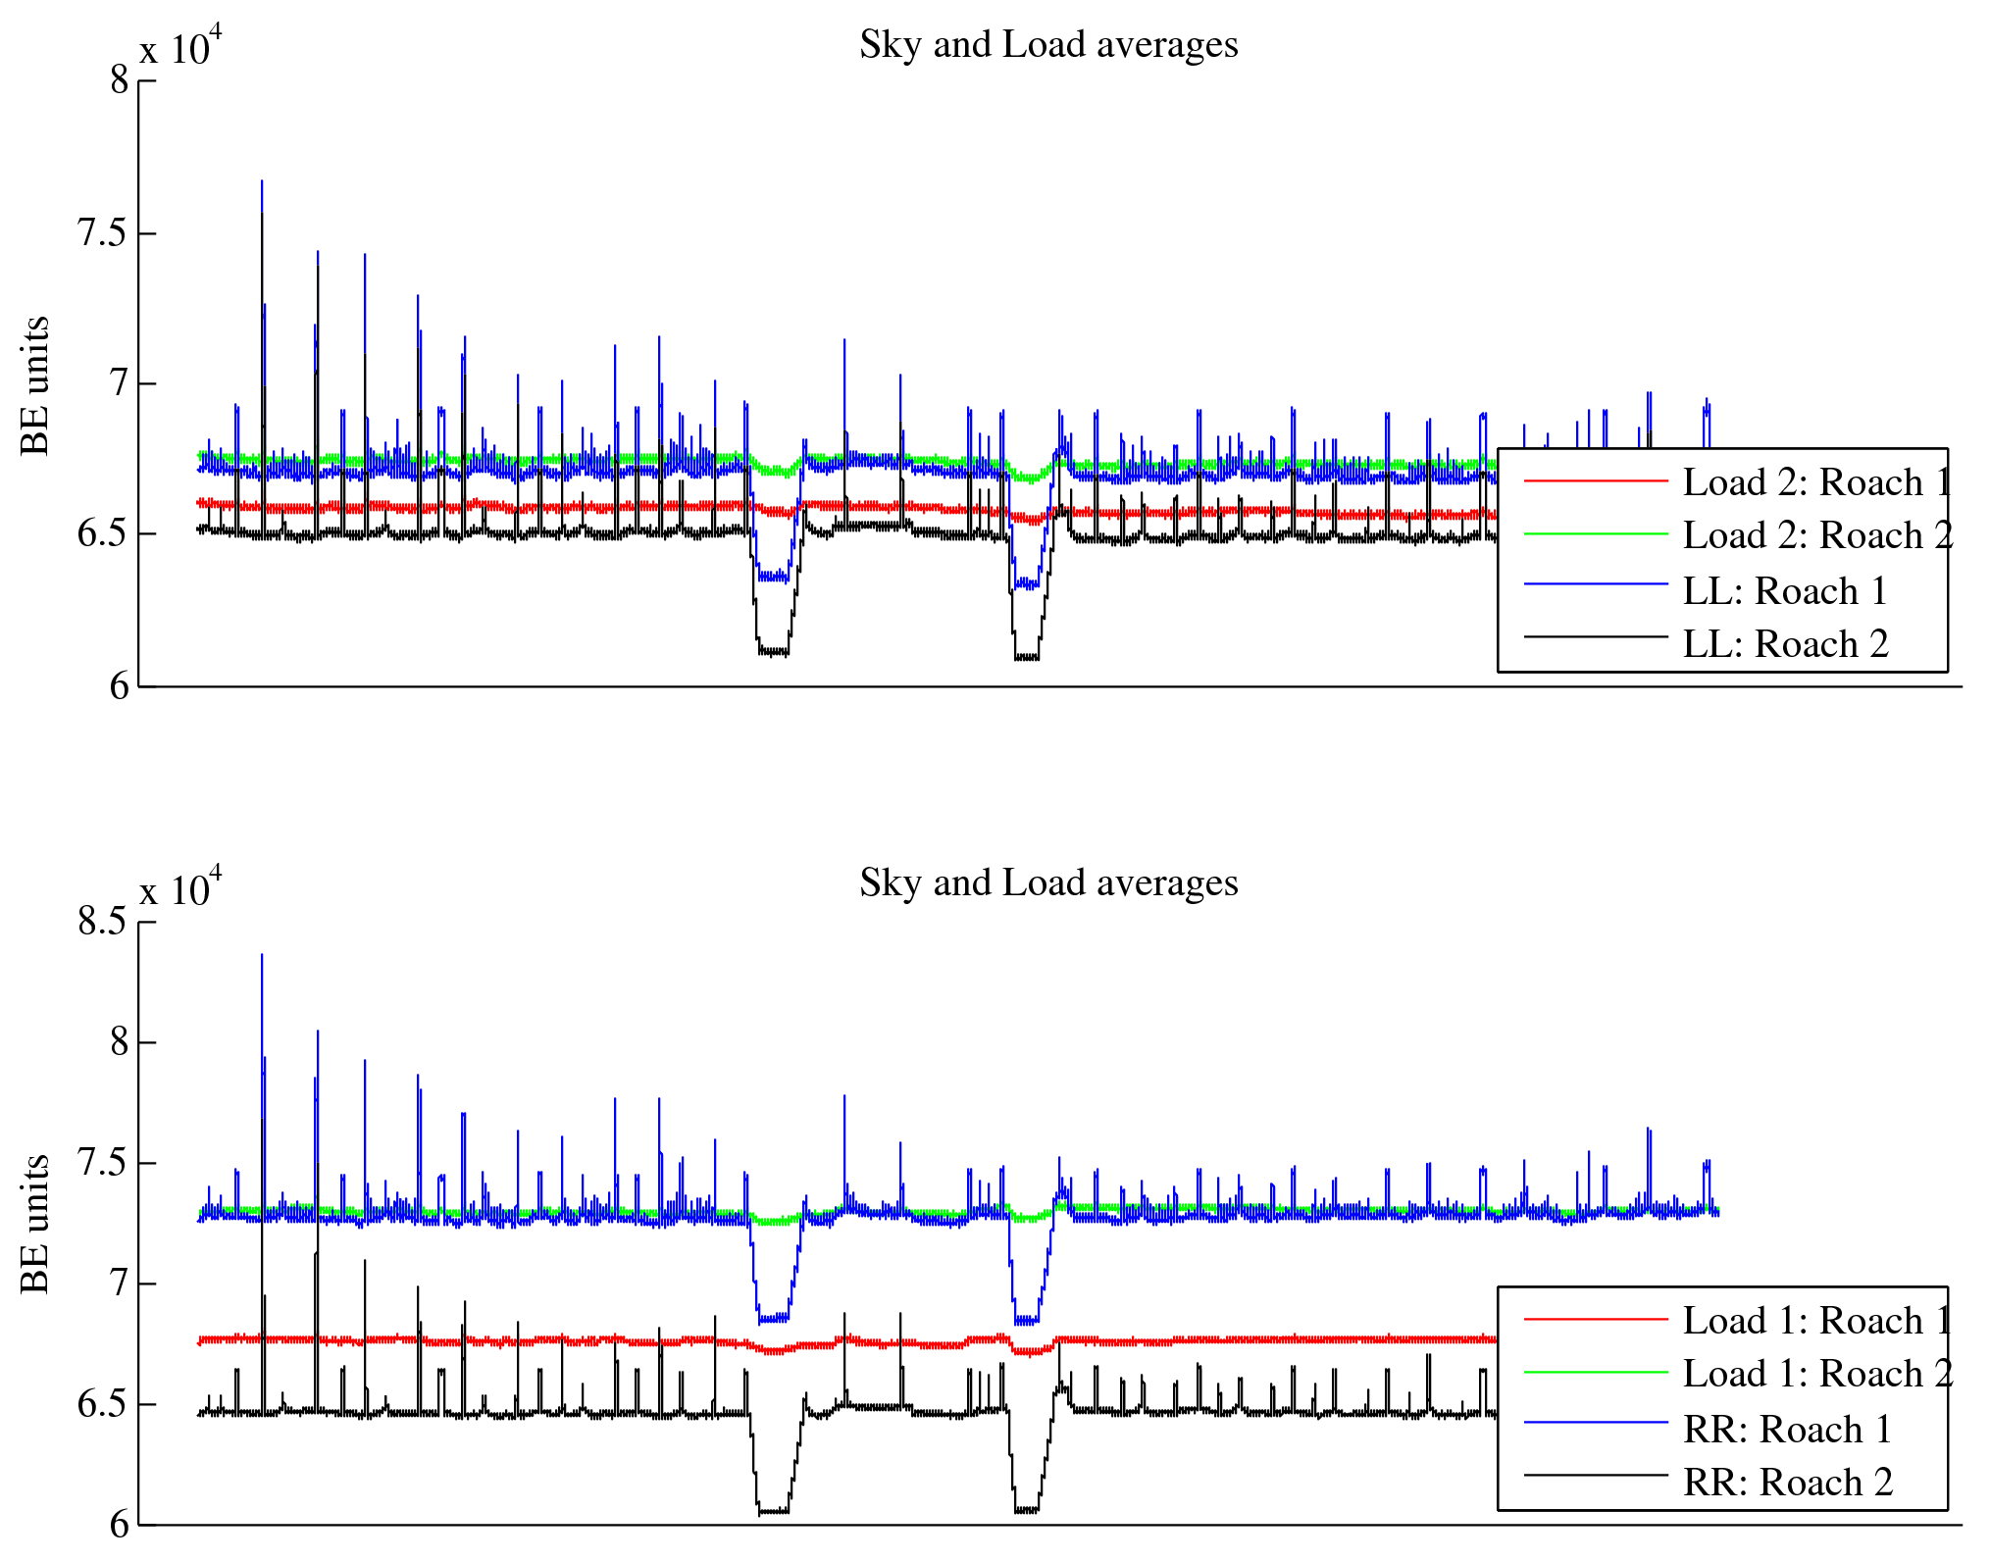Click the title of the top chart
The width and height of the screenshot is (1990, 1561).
coord(1048,45)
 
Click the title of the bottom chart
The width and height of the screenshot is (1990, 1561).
coord(1048,883)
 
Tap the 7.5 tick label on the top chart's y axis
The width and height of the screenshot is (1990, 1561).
coord(103,233)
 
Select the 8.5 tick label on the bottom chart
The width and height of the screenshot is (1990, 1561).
coord(103,922)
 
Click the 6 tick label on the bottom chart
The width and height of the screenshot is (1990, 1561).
coord(120,1525)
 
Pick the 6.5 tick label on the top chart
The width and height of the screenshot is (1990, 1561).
coord(103,534)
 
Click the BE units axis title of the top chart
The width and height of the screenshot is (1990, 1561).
coord(35,385)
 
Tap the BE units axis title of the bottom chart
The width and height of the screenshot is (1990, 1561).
coord(35,1224)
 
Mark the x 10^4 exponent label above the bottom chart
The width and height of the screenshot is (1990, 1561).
coord(180,886)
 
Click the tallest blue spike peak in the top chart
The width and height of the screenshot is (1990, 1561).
coord(262,181)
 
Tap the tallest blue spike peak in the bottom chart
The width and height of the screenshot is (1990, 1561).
coord(262,955)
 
